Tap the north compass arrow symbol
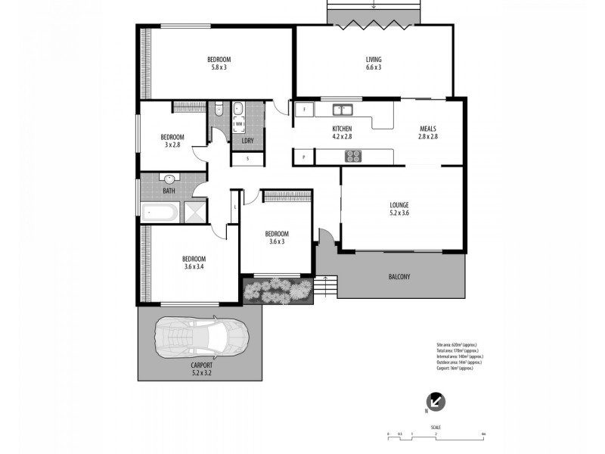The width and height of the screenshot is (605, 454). tap(436, 402)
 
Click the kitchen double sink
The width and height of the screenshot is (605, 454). tap(340, 109)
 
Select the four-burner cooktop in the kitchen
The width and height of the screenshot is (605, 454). tap(353, 157)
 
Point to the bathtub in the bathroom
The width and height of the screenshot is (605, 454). tap(160, 212)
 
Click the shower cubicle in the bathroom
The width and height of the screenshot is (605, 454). tap(194, 212)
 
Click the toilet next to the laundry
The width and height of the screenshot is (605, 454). tap(219, 109)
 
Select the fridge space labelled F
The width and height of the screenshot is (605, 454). tap(304, 110)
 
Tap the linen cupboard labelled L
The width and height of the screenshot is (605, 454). tap(235, 207)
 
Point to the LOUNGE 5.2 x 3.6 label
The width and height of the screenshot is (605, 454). tap(399, 209)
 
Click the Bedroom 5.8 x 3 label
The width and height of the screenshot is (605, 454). tap(219, 64)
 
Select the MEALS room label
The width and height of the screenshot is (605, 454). tap(428, 132)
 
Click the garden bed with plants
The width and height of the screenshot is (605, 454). tap(277, 290)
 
